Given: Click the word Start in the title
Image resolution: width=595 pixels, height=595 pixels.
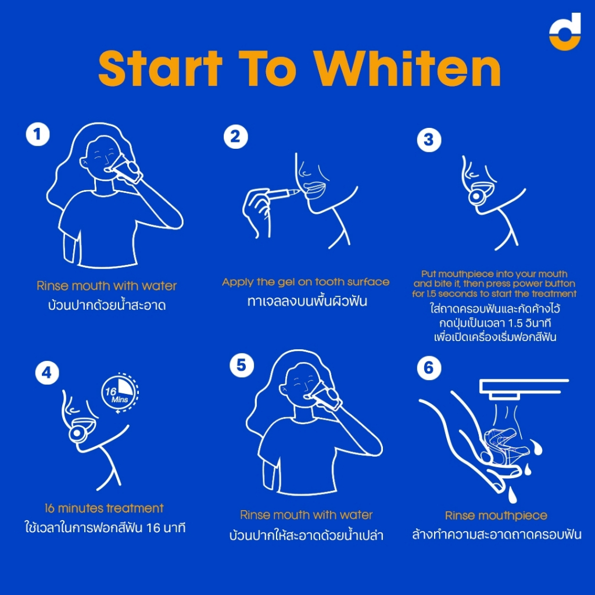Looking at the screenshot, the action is click(x=160, y=69).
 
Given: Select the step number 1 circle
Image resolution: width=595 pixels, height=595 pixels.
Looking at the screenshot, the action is click(x=38, y=134).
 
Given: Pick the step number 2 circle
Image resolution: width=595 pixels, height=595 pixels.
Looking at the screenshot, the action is click(x=236, y=137).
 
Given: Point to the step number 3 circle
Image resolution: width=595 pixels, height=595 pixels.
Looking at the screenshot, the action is click(x=429, y=139).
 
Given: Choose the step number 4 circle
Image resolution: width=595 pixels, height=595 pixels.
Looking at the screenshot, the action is click(x=47, y=372).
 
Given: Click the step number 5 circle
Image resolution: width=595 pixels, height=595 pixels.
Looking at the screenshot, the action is click(x=242, y=365).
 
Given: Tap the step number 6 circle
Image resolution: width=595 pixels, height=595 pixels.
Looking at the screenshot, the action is click(x=429, y=368).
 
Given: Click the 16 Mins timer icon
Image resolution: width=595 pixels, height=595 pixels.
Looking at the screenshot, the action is click(x=120, y=393).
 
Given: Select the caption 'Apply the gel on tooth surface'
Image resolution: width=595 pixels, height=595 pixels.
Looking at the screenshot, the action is click(x=306, y=282).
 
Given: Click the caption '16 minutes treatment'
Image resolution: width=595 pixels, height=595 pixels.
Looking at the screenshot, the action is click(x=104, y=508).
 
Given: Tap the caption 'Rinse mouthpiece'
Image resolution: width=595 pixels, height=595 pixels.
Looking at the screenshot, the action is click(x=496, y=516).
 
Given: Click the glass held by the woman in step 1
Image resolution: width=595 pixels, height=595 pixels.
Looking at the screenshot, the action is click(x=126, y=169).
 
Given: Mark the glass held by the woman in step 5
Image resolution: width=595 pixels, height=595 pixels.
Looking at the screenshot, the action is click(x=325, y=396).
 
